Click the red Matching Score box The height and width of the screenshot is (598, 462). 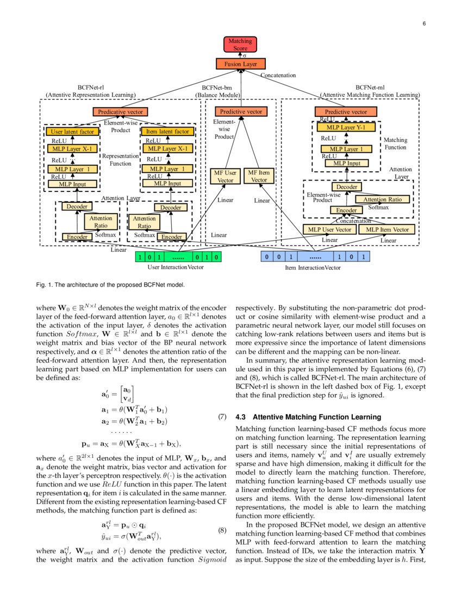[240, 45]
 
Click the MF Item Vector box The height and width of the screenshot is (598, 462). [259, 176]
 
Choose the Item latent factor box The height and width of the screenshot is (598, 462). [167, 132]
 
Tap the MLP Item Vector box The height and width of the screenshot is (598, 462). [387, 229]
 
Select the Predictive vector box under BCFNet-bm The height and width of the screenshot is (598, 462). [240, 111]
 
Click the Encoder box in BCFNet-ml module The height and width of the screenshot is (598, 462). [346, 210]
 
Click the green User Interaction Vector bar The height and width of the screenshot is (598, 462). [178, 257]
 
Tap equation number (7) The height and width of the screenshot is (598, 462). [222, 418]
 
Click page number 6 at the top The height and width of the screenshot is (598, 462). [423, 23]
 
